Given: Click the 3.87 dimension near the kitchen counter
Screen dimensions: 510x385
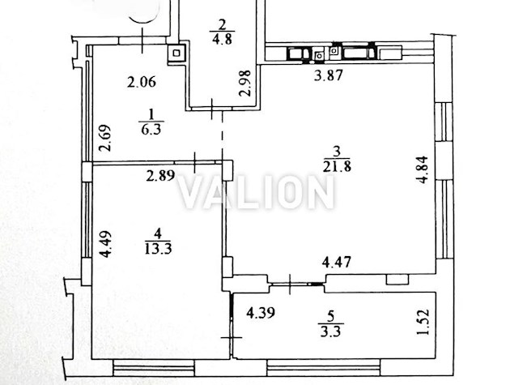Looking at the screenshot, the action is click(x=329, y=75).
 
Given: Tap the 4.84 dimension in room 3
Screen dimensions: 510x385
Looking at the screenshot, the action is click(x=423, y=169).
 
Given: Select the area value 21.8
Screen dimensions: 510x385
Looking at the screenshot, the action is click(x=337, y=167).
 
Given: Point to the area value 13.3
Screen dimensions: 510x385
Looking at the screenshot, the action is click(x=158, y=249).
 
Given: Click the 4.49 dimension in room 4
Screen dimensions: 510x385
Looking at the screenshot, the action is click(x=106, y=244).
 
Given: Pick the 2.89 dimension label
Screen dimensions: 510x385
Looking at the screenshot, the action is click(x=160, y=176).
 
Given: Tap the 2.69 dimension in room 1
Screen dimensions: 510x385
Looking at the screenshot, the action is click(x=105, y=138).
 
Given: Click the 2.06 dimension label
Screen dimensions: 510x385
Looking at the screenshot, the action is click(x=142, y=82).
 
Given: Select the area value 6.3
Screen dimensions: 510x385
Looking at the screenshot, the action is click(x=151, y=130).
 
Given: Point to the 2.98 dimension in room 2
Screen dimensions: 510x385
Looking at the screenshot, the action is click(x=245, y=83).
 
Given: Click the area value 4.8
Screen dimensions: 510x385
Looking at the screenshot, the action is click(x=222, y=40).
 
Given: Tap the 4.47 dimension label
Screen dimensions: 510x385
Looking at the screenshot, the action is click(x=336, y=262).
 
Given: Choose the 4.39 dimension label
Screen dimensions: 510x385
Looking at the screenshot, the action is click(x=261, y=313).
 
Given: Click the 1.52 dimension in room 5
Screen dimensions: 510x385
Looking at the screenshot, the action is click(x=423, y=322).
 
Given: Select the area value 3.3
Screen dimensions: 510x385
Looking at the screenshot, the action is click(x=331, y=332).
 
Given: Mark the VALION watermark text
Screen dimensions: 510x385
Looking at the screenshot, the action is click(x=257, y=192).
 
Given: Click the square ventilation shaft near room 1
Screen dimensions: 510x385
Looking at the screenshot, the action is click(x=176, y=53).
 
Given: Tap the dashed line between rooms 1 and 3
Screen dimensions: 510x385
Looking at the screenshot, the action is click(x=223, y=135).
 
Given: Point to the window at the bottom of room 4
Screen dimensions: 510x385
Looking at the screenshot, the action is click(x=154, y=369).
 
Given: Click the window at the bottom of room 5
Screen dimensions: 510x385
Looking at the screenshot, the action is click(x=324, y=369).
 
